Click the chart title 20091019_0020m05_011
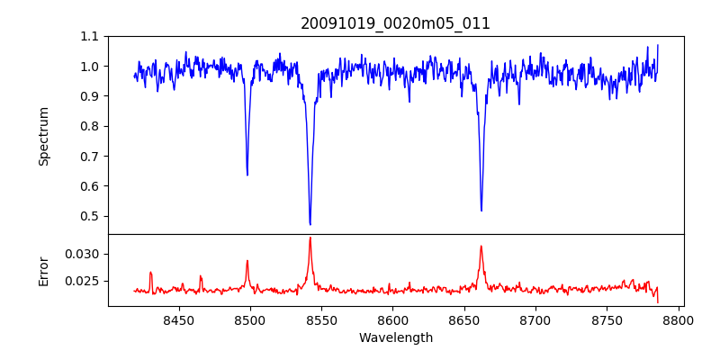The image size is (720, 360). point(395,23)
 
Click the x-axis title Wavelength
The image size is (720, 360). point(395,338)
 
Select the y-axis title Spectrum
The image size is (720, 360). point(43,136)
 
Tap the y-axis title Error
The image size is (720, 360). point(43,270)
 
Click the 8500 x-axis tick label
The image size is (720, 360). point(250,319)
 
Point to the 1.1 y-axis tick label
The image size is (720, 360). point(89,37)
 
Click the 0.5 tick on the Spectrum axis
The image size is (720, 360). point(89,216)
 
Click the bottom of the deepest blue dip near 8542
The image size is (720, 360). point(310,224)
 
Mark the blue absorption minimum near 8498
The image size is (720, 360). point(247,175)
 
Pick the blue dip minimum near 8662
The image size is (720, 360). point(481,211)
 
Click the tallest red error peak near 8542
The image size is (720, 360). point(310,238)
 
